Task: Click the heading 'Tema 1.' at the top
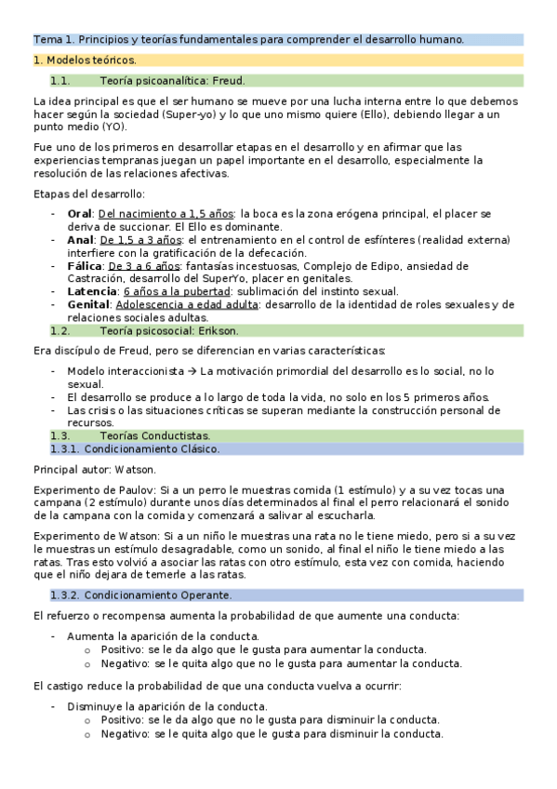click(54, 39)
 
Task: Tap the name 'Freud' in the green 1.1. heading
click(229, 80)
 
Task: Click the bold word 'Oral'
click(80, 213)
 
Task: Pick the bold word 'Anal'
click(81, 239)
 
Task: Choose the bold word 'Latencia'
click(93, 291)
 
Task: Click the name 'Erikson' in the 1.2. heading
click(220, 330)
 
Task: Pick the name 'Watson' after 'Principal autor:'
click(136, 469)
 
